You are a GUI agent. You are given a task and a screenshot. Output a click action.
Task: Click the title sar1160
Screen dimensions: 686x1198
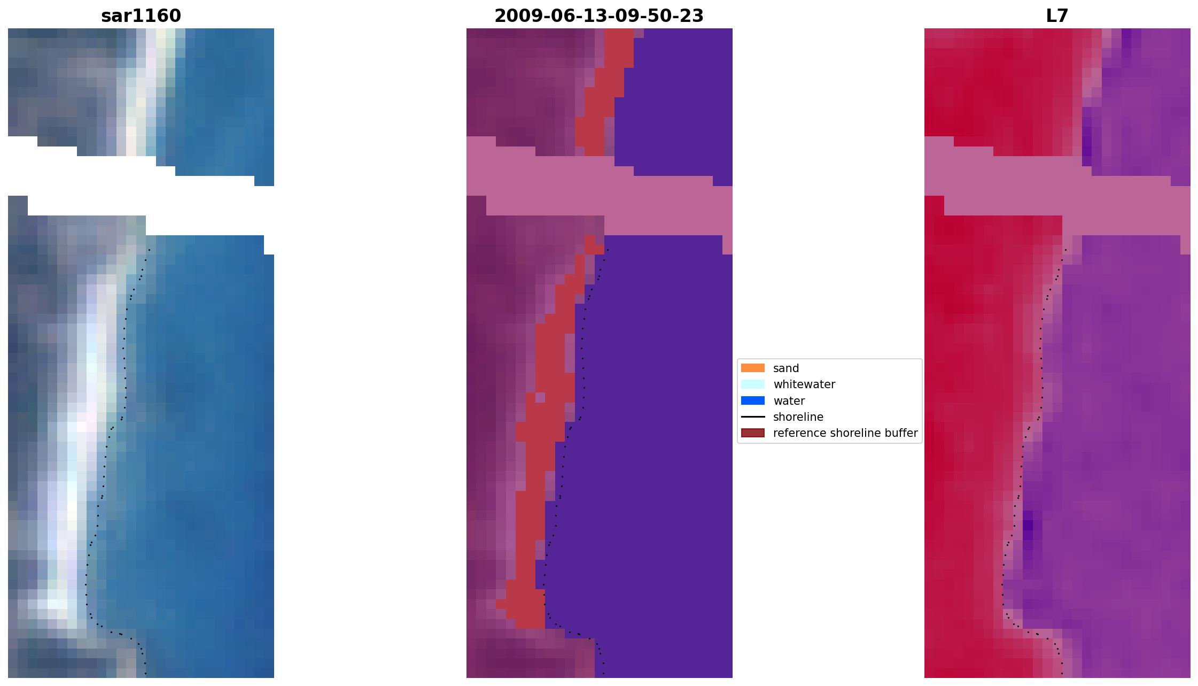tap(141, 16)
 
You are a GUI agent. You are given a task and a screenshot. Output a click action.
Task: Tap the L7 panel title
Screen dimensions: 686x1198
tap(1057, 16)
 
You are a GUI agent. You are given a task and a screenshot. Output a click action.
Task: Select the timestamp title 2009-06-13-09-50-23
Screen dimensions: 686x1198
tap(599, 16)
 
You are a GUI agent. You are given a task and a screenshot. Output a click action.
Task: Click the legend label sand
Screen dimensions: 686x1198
tap(785, 368)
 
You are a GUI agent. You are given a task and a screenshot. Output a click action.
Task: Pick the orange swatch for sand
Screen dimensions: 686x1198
tap(752, 368)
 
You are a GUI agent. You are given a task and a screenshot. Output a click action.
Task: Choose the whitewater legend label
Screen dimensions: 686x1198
tap(804, 384)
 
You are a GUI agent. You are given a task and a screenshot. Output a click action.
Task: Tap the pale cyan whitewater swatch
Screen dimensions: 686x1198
tap(752, 384)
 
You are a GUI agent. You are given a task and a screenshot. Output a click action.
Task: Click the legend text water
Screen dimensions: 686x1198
tap(789, 401)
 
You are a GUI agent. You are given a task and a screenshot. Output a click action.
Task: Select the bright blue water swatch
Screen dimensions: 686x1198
tap(752, 400)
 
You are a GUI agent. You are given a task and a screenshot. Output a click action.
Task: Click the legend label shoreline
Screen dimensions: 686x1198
tap(798, 417)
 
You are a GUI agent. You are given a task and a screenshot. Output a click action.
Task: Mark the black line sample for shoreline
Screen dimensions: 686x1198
tap(752, 417)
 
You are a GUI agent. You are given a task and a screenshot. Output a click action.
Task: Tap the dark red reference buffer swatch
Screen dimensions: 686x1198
tap(752, 433)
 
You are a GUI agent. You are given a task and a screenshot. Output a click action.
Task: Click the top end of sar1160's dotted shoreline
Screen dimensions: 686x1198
tap(149, 250)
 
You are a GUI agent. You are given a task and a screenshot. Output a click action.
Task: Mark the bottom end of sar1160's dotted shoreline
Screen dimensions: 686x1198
tap(145, 674)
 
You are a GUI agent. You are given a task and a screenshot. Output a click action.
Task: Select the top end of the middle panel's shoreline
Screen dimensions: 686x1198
tap(608, 250)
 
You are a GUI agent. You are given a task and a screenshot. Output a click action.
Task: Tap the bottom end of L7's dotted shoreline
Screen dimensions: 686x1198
tap(1062, 674)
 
